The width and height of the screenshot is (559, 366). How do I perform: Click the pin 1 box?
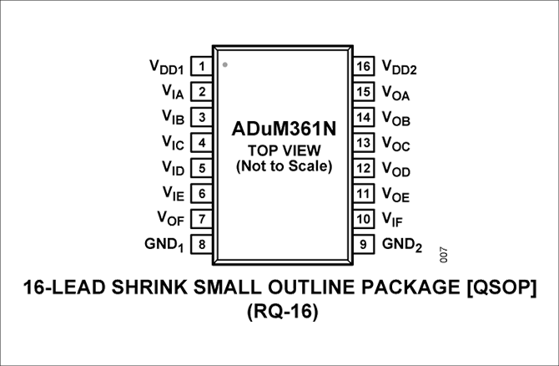(x=202, y=65)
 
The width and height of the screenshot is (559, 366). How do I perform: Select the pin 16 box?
(x=362, y=65)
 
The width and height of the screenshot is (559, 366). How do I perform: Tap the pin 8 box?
(x=202, y=245)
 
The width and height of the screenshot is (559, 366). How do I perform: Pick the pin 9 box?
(x=362, y=245)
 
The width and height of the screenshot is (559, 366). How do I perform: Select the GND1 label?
(x=164, y=245)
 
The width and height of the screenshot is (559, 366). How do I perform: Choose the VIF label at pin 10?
(x=394, y=220)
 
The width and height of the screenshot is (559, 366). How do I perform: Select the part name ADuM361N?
(x=283, y=131)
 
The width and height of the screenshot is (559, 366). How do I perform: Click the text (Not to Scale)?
(x=283, y=165)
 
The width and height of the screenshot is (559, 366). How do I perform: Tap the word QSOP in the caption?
(x=501, y=288)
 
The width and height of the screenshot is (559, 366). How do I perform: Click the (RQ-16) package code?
(x=279, y=314)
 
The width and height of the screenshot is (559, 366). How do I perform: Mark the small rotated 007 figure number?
(x=443, y=252)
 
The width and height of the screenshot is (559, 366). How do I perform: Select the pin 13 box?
(x=362, y=142)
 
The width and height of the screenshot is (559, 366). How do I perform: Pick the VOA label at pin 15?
(x=395, y=93)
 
